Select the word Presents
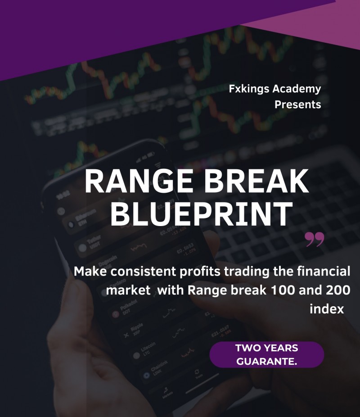tap(298, 104)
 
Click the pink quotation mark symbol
tap(315, 240)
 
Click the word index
tap(327, 309)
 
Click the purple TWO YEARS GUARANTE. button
tap(267, 354)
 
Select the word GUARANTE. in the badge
tap(267, 361)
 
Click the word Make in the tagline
tap(90, 272)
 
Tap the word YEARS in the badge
tap(280, 348)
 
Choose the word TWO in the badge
tap(247, 348)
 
